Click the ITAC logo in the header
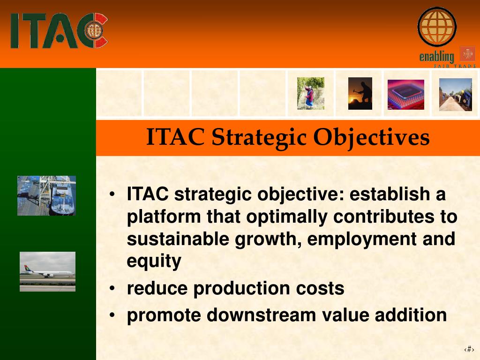pos(59,30)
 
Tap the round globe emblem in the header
pos(437,27)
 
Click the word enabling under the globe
pos(436,57)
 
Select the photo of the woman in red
pos(310,93)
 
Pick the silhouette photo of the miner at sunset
pos(360,93)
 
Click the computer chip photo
pos(406,95)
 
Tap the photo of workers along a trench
pos(456,95)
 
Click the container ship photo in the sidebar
pos(46,195)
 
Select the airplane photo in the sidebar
pos(47,271)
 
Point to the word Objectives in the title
pos(371,137)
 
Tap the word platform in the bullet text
pos(164,217)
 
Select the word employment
pos(362,239)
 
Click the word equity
pos(154,261)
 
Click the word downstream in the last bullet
pos(261,315)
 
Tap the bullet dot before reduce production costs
pos(112,288)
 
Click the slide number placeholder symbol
pos(469,349)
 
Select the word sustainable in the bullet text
pos(178,239)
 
